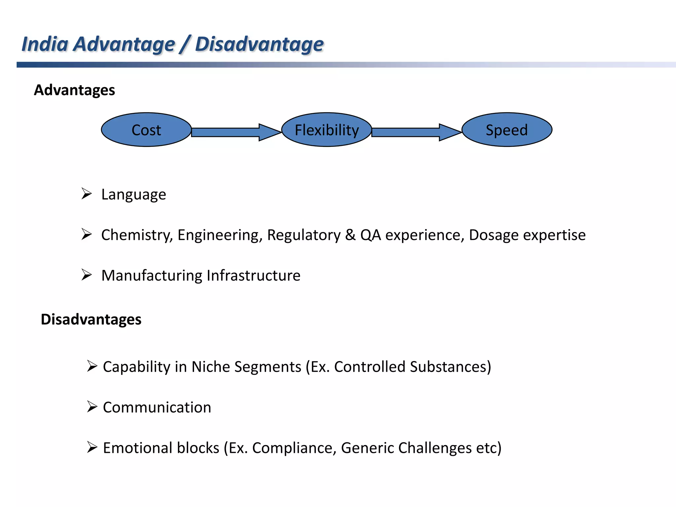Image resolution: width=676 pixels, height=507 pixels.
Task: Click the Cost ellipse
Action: click(x=146, y=130)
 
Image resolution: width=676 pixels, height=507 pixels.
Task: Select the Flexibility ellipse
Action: click(x=326, y=130)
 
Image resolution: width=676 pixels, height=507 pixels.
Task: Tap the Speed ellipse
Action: click(x=507, y=130)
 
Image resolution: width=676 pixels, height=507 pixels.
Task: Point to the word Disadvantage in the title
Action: click(x=259, y=44)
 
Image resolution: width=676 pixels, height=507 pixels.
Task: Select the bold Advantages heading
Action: click(x=74, y=90)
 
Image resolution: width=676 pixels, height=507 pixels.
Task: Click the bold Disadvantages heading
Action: click(x=91, y=320)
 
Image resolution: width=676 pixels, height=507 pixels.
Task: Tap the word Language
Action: click(x=134, y=194)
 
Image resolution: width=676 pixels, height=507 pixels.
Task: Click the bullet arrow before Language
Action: click(x=86, y=193)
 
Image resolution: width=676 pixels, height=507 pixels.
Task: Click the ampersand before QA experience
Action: click(x=350, y=235)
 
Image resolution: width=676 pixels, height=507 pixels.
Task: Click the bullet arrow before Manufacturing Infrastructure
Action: click(x=86, y=275)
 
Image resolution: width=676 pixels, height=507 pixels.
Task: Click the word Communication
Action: click(x=157, y=407)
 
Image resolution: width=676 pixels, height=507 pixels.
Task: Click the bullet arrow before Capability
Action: click(x=92, y=366)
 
